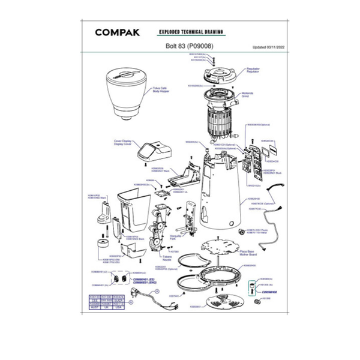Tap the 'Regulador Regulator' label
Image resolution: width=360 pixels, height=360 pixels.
click(254, 70)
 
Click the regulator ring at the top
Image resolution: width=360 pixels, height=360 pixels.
click(220, 76)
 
